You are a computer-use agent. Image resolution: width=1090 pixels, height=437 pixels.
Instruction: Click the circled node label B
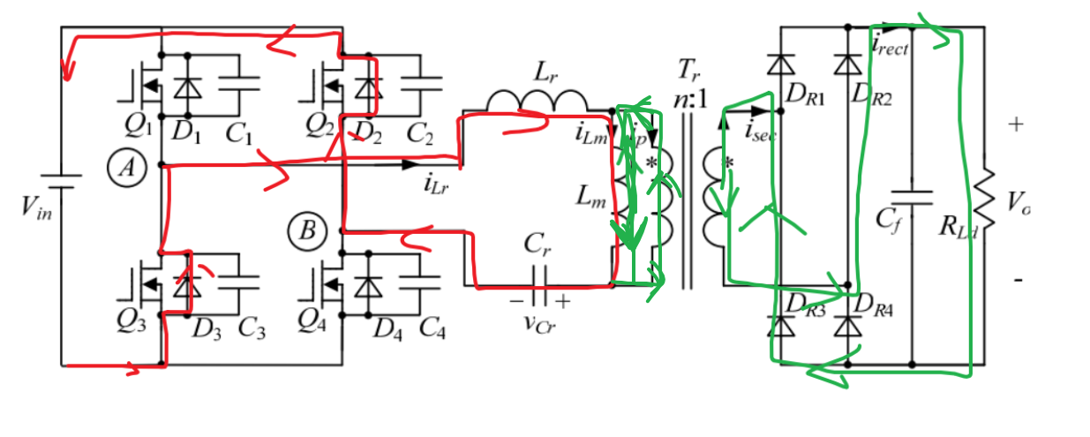306,231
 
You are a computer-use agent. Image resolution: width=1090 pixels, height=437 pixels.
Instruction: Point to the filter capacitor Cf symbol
911,196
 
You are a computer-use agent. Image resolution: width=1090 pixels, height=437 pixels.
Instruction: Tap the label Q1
137,129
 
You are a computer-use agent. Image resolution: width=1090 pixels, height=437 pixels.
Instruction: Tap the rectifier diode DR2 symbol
848,64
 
